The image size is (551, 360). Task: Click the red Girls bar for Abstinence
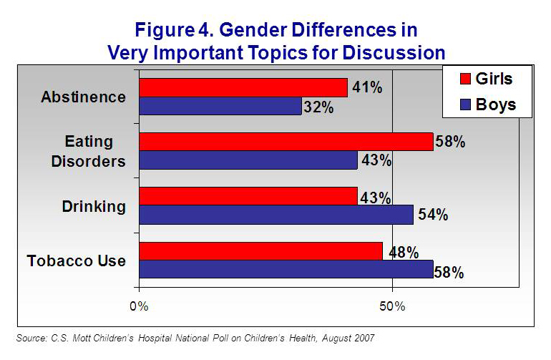[243, 87]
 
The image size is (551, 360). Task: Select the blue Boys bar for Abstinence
[220, 106]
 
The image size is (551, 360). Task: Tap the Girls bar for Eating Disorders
[286, 142]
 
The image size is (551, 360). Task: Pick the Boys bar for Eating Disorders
[248, 160]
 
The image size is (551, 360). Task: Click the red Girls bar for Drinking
[248, 196]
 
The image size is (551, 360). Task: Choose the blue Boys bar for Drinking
[276, 215]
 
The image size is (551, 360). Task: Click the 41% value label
[367, 87]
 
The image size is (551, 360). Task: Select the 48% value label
[402, 252]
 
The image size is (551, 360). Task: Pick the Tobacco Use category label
[77, 261]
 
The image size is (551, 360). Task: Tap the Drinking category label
[94, 206]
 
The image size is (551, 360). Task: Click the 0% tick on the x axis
[138, 306]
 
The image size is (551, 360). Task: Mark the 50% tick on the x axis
[392, 306]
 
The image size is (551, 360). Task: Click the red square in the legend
[462, 79]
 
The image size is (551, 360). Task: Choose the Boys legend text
[496, 105]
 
